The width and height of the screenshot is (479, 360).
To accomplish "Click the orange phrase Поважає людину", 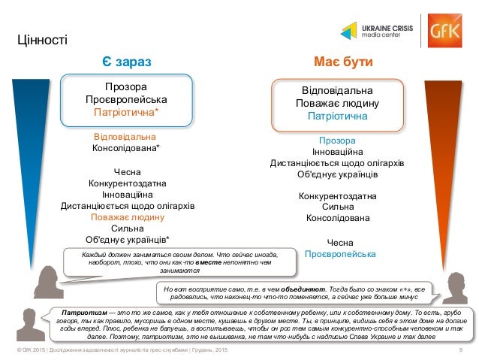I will click(x=127, y=216).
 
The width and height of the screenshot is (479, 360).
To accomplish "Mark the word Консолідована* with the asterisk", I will click(x=126, y=148).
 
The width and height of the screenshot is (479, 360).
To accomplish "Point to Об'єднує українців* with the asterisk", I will click(x=127, y=240).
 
